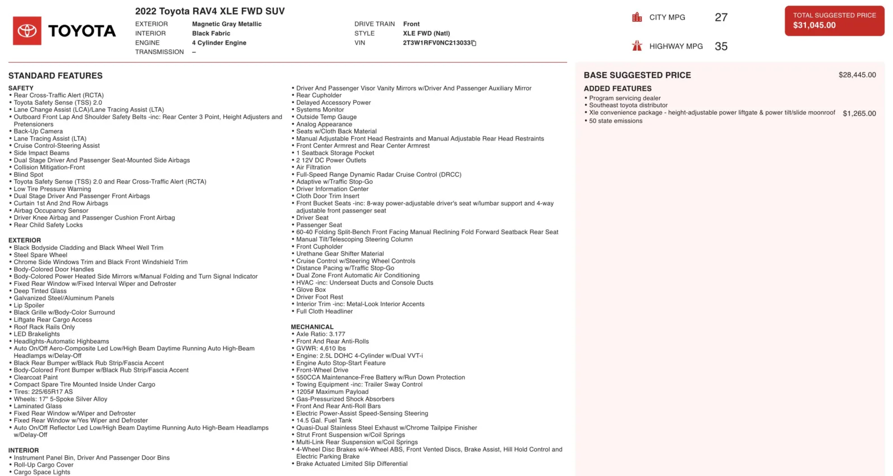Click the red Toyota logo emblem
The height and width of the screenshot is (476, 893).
27,31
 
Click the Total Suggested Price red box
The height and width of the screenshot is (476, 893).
834,21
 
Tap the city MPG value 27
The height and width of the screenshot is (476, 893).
721,17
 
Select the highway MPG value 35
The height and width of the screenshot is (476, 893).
721,46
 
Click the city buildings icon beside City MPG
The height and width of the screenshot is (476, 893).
637,17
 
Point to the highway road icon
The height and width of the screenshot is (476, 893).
637,46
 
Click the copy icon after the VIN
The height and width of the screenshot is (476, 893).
474,43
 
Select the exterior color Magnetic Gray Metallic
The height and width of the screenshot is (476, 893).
227,24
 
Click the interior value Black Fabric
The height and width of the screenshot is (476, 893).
211,33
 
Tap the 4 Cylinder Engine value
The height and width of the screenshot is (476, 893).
219,43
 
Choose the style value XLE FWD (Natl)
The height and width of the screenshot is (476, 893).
426,33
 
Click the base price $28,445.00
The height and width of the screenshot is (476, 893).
857,75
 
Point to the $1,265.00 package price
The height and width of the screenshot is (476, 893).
859,113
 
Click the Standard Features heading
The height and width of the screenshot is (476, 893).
55,75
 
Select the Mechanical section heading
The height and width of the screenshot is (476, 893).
312,327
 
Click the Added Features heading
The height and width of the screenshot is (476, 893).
617,89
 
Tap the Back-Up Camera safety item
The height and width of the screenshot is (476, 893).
38,132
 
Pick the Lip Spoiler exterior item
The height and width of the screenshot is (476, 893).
29,305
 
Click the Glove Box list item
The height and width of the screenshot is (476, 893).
311,290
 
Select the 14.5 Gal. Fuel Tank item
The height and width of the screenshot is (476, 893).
324,421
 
